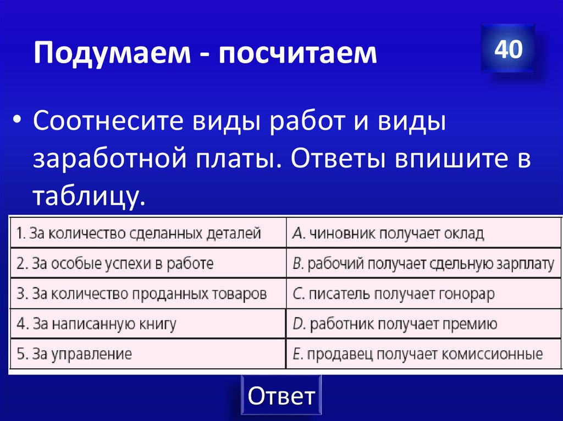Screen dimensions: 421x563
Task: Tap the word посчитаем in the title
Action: [296, 54]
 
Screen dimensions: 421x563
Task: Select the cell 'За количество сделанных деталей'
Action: [147, 233]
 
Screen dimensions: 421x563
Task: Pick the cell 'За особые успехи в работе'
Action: [147, 263]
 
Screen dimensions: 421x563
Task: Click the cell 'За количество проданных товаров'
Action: [147, 294]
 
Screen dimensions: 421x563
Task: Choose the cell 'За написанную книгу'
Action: [147, 324]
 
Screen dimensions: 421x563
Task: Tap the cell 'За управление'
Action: [147, 354]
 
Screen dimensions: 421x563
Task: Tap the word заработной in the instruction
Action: [107, 160]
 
